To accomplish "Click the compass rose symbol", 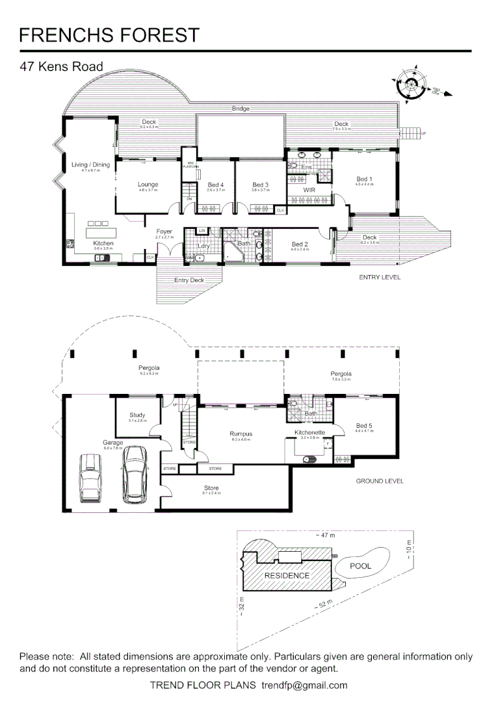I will point(408,84).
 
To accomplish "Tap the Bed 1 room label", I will point(365,179).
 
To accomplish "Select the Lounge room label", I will point(148,185).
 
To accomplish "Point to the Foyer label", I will point(164,231).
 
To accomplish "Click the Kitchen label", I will point(103,243).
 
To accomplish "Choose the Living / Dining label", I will point(90,164).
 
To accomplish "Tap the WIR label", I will point(309,190).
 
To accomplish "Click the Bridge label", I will point(241,109).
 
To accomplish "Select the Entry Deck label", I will point(189,280).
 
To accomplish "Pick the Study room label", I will point(137,415).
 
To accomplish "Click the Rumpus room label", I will point(241,434).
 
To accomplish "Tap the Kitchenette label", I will point(309,432).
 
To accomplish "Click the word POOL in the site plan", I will point(360,565).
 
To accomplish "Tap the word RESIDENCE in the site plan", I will point(287,576).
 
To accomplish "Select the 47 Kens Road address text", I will point(61,66).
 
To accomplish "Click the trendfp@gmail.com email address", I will point(304,685).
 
